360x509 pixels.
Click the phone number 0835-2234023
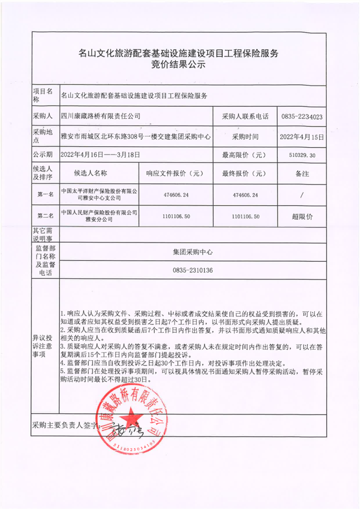(x=301, y=116)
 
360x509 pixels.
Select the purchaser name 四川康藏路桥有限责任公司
(x=101, y=116)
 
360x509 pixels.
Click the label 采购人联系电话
(x=245, y=116)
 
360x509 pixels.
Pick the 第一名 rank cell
(x=45, y=195)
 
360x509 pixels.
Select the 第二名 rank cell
(x=45, y=216)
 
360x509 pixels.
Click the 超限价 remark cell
(x=301, y=216)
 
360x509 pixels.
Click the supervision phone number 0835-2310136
(x=193, y=270)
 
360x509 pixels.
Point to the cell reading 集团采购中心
(x=193, y=252)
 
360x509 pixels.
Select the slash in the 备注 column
(x=301, y=195)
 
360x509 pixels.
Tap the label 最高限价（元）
(x=245, y=155)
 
